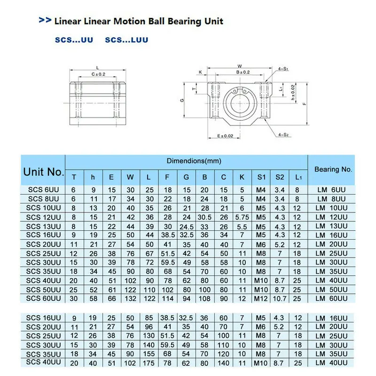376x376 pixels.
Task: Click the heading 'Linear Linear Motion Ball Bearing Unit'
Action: click(x=139, y=21)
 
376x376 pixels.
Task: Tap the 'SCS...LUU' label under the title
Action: click(x=126, y=40)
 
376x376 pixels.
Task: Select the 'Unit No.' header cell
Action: click(x=43, y=172)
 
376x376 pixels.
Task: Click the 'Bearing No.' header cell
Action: click(x=333, y=169)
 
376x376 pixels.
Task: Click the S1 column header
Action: click(x=261, y=177)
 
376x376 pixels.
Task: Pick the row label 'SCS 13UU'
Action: click(x=43, y=226)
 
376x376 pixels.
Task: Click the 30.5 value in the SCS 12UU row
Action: click(x=205, y=217)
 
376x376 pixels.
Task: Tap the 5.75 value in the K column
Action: click(x=242, y=217)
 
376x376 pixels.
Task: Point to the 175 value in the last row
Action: click(x=149, y=363)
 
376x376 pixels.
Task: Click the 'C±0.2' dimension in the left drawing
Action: click(x=98, y=74)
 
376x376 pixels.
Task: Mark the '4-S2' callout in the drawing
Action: click(x=283, y=135)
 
